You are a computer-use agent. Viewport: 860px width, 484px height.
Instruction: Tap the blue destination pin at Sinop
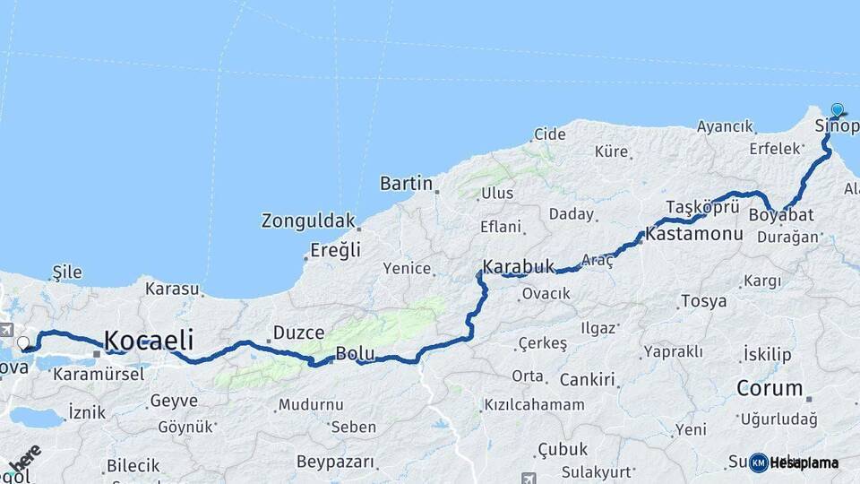click(x=838, y=110)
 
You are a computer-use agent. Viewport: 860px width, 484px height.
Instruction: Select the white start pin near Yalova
click(x=23, y=342)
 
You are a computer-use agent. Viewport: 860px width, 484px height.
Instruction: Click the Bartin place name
click(x=406, y=184)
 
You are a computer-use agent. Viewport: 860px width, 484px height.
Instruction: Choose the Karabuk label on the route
click(x=519, y=266)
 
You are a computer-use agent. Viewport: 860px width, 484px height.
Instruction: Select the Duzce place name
click(x=297, y=333)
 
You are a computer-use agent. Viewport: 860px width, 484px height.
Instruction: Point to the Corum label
click(x=769, y=389)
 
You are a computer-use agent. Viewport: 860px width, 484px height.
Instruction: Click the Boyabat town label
click(x=781, y=215)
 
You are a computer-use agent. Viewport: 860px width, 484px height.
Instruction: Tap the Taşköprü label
click(x=702, y=206)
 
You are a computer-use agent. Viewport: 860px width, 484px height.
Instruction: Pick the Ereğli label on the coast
click(x=335, y=250)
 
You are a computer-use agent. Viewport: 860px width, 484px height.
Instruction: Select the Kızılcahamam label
click(x=534, y=405)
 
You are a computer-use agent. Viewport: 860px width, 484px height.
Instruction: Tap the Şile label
click(x=67, y=272)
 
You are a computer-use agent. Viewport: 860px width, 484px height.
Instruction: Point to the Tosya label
click(x=703, y=301)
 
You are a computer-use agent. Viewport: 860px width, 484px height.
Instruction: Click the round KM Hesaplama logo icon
click(x=759, y=462)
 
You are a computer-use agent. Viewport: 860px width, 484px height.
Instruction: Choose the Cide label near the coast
click(x=549, y=134)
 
